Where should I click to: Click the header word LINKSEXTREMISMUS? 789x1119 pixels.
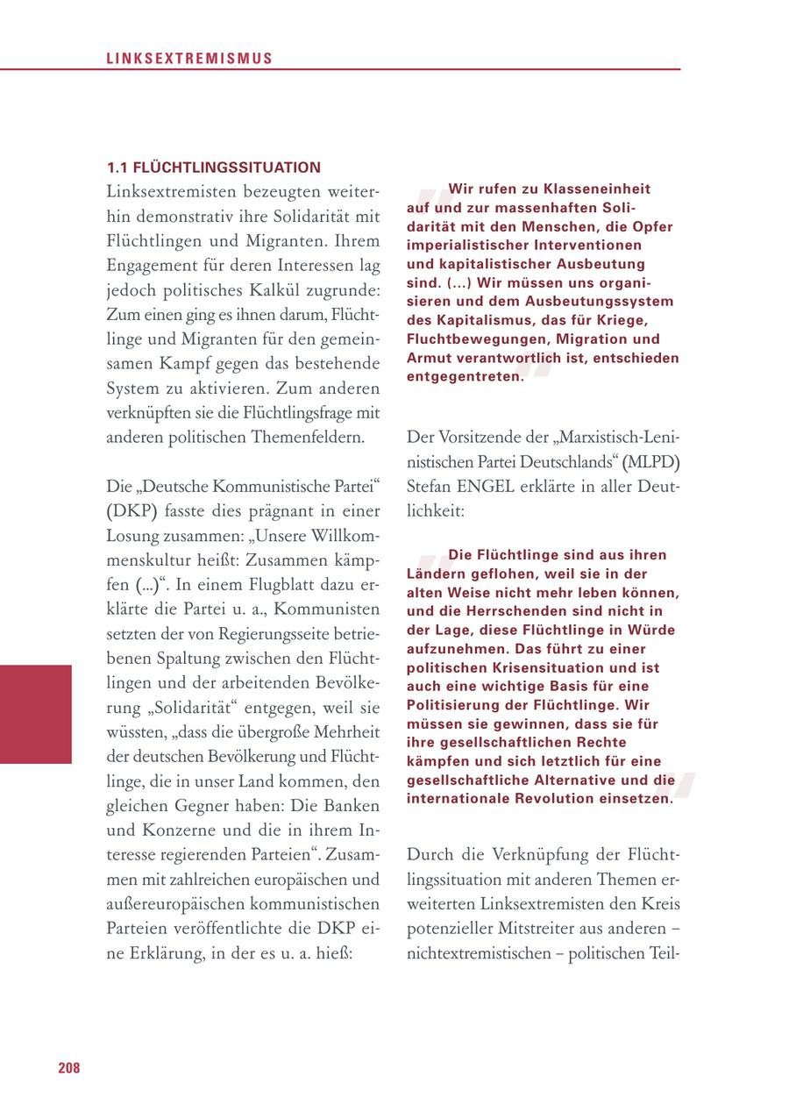point(189,60)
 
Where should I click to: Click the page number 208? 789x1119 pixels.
point(69,1067)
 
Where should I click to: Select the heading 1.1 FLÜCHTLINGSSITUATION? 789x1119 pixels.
point(214,167)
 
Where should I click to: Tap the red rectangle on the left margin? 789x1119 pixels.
point(35,714)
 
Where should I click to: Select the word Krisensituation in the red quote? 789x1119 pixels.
point(539,667)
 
